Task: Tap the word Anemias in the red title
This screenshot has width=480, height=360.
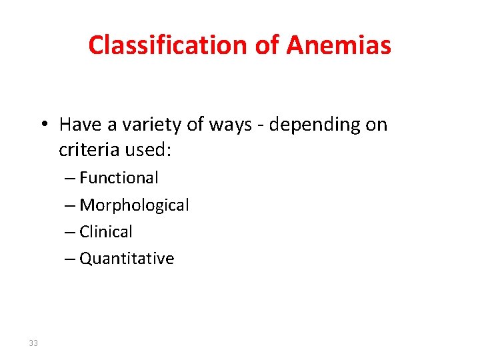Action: tap(339, 45)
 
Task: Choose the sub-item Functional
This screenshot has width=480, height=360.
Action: tap(119, 177)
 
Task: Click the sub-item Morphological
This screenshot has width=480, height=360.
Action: tap(134, 205)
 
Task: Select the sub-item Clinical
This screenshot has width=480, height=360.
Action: tap(106, 231)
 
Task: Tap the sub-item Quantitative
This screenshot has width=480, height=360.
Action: tap(127, 258)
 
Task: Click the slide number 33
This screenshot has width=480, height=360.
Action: tap(33, 343)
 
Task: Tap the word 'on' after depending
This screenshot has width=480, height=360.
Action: tap(375, 125)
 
